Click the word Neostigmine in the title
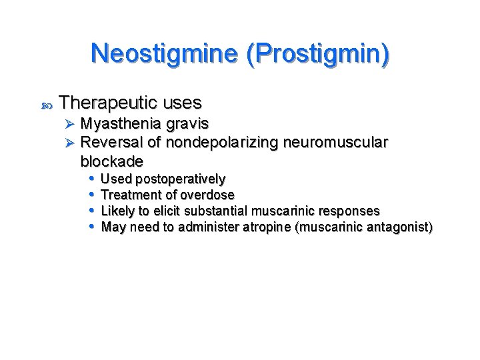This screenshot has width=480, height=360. pos(165,53)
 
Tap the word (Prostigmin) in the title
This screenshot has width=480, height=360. pos(317,53)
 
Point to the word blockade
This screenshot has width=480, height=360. pos(111,161)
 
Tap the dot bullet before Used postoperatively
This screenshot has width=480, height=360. pos(92,178)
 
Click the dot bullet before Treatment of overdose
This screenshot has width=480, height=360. pos(92,194)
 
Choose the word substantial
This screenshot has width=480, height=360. pos(215,211)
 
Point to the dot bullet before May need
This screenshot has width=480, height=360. pos(92,227)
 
